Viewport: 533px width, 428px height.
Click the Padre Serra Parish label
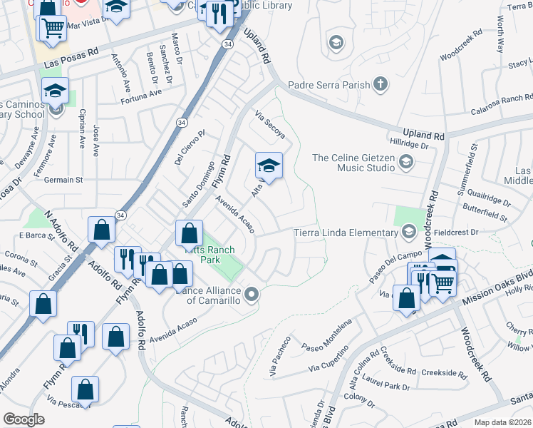[x=328, y=85]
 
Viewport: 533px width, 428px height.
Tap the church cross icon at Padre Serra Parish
[x=381, y=85]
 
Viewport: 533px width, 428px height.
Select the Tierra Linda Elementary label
[x=347, y=233]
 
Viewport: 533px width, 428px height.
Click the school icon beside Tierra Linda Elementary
[x=409, y=232]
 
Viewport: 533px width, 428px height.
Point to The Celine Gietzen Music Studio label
[x=353, y=163]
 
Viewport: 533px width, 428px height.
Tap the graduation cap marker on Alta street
[x=269, y=167]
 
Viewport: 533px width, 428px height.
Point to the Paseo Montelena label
[x=327, y=334]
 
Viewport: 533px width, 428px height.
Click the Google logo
[x=24, y=419]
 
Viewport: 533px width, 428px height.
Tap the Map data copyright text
[x=502, y=422]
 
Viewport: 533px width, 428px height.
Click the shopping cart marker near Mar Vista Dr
[x=51, y=29]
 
